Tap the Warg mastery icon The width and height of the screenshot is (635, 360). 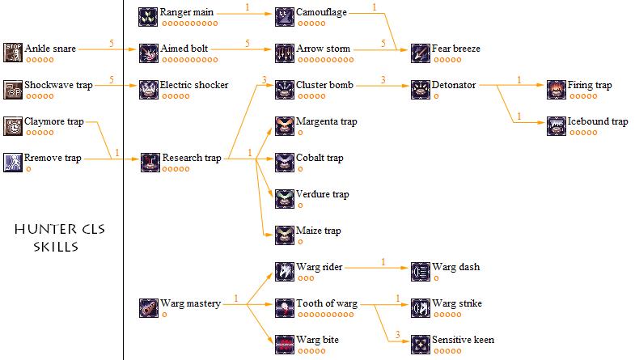click(x=149, y=307)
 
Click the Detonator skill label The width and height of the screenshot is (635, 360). click(x=454, y=86)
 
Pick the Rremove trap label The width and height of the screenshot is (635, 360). click(x=53, y=159)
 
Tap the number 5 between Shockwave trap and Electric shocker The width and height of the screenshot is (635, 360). click(x=111, y=79)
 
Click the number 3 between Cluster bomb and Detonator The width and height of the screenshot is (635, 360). click(x=383, y=79)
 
